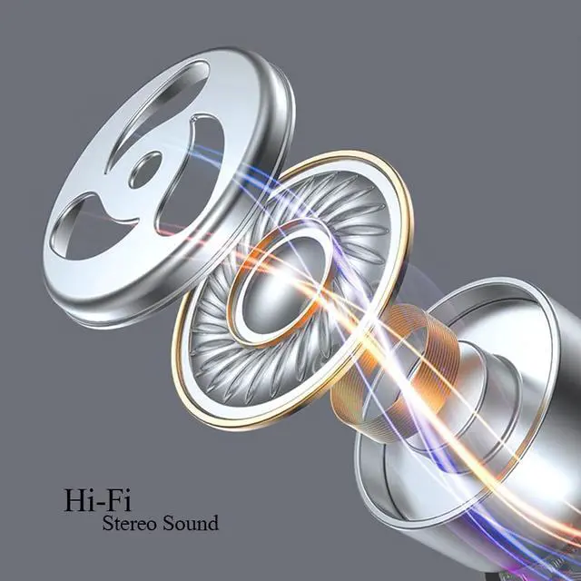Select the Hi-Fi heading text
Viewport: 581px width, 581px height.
(98, 500)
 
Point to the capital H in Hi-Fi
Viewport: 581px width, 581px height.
(75, 500)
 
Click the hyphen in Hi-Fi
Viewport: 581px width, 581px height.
(101, 504)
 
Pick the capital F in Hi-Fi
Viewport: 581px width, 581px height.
(114, 500)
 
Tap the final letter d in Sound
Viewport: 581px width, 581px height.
(213, 523)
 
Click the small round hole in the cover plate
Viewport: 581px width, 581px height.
(145, 170)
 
